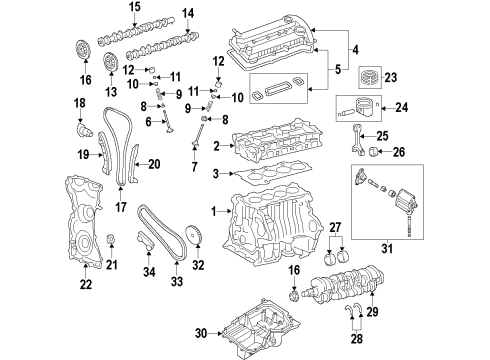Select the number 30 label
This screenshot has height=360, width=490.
199,333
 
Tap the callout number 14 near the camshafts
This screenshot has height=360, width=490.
187,14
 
